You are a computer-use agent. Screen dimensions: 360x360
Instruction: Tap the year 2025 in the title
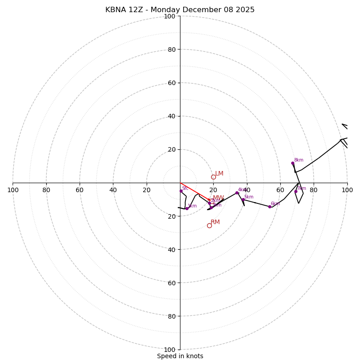pyautogui.click(x=245, y=10)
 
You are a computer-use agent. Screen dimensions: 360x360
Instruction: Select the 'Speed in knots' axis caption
pyautogui.click(x=180, y=356)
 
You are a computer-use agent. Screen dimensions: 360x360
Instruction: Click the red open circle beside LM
pyautogui.click(x=213, y=177)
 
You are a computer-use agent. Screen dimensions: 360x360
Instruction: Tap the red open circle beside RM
pyautogui.click(x=209, y=225)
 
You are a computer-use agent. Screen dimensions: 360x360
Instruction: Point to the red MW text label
pyautogui.click(x=218, y=198)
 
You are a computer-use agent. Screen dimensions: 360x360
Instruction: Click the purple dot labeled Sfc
pyautogui.click(x=181, y=191)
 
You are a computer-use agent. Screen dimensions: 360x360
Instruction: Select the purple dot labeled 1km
pyautogui.click(x=187, y=208)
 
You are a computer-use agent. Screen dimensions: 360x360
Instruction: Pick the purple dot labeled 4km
pyautogui.click(x=237, y=193)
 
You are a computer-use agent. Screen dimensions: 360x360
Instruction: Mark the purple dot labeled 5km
pyautogui.click(x=243, y=199)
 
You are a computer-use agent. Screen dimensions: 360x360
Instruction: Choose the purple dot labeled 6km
pyautogui.click(x=270, y=207)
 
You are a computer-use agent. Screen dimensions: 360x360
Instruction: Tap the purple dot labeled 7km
pyautogui.click(x=296, y=191)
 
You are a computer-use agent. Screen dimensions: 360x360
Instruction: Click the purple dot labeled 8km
pyautogui.click(x=292, y=163)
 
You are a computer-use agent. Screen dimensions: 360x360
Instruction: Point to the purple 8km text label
pyautogui.click(x=298, y=160)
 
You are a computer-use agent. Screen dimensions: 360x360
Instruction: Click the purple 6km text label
pyautogui.click(x=275, y=203)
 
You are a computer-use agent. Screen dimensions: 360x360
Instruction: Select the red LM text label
pyautogui.click(x=219, y=174)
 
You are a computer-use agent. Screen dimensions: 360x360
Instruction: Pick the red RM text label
pyautogui.click(x=215, y=222)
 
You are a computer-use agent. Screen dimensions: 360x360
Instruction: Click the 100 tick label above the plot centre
pyautogui.click(x=170, y=16)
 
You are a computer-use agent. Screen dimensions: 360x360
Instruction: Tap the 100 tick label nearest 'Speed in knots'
pyautogui.click(x=170, y=350)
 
